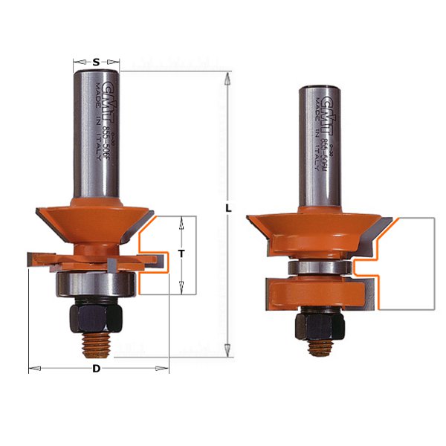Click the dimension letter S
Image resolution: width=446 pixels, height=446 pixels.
pyautogui.click(x=97, y=62)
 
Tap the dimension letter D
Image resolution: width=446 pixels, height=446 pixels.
pyautogui.click(x=97, y=369)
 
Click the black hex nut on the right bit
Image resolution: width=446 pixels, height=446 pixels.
pyautogui.click(x=320, y=325)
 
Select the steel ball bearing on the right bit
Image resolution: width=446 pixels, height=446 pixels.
pyautogui.click(x=320, y=266)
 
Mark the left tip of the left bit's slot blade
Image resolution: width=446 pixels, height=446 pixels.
pyautogui.click(x=28, y=256)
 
